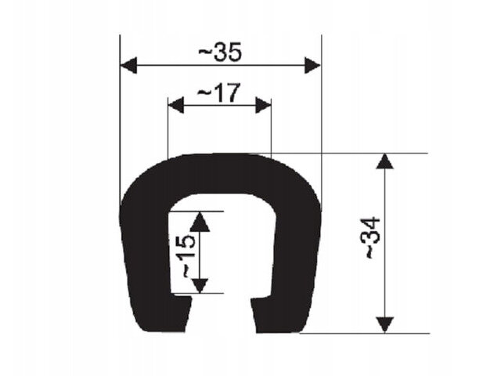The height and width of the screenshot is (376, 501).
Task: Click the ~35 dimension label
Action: [220, 52]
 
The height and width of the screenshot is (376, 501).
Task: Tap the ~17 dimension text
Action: [218, 92]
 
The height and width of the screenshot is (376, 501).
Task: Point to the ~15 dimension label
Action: [189, 256]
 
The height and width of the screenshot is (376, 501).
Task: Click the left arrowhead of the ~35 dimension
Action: [128, 66]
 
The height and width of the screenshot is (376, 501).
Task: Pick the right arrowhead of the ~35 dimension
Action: [312, 66]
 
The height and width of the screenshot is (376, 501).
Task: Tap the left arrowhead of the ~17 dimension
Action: [176, 106]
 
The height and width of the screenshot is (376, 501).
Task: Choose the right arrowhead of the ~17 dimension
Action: [263, 106]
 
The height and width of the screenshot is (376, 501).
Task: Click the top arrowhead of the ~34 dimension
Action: [384, 161]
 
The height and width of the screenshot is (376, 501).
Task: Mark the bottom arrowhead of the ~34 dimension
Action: [384, 325]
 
